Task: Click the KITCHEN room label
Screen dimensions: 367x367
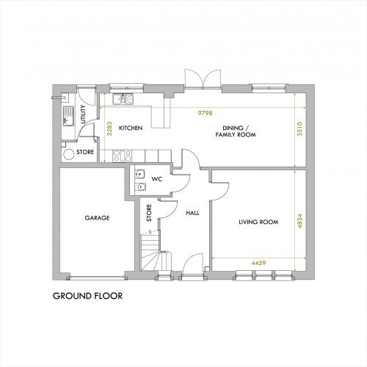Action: point(131,128)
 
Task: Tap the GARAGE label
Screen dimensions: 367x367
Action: point(97,218)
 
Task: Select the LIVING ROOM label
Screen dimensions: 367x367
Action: point(258,222)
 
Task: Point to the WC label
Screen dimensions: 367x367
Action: point(157,179)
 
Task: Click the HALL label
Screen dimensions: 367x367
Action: point(192,213)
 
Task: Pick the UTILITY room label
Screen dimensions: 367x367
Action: point(83,115)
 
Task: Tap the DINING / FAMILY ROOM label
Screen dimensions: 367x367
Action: point(236,131)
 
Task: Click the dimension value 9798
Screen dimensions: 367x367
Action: point(205,113)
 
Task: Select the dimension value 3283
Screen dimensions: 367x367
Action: point(109,128)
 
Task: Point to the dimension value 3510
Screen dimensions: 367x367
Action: point(299,128)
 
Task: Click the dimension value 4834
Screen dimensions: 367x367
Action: point(299,221)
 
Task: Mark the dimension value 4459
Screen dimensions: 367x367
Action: point(258,263)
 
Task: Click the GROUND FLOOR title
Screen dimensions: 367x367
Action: point(87,296)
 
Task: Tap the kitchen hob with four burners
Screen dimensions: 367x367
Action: point(122,156)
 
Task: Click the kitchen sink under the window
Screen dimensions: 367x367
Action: point(123,99)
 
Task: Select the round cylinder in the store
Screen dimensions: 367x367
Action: point(69,154)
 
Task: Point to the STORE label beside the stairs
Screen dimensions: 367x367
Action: point(149,213)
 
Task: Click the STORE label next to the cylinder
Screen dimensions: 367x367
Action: point(85,152)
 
